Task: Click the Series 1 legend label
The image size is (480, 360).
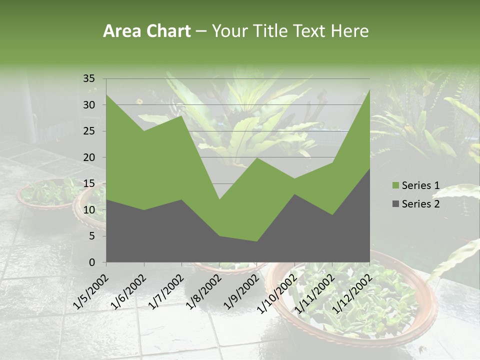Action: [x=420, y=185]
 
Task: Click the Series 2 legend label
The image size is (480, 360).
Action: [x=420, y=203]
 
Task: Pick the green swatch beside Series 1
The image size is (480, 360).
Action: [x=395, y=185]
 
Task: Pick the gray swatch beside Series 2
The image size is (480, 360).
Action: [x=395, y=203]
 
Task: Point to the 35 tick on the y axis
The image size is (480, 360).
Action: [x=88, y=78]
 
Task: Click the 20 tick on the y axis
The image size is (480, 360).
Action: [x=88, y=157]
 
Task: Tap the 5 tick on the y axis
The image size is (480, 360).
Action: [x=91, y=236]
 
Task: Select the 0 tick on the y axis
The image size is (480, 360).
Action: [x=91, y=262]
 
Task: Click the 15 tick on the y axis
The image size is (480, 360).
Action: [x=88, y=183]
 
